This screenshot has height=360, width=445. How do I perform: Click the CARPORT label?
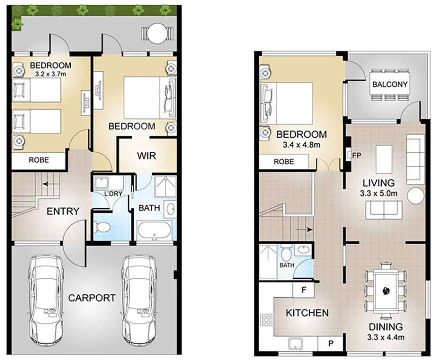click(92, 298)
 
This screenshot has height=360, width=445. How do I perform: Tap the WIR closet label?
click(147, 156)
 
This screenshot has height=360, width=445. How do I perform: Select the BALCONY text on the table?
click(390, 84)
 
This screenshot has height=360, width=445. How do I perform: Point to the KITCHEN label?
click(307, 313)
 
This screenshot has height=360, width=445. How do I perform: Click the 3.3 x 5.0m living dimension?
click(378, 194)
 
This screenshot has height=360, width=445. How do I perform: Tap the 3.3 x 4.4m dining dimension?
click(386, 337)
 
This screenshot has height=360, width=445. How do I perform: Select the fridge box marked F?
click(304, 290)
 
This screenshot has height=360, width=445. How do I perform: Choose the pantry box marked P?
click(331, 344)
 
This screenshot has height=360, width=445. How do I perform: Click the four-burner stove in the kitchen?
click(266, 319)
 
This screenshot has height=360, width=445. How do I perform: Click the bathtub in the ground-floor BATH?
click(155, 230)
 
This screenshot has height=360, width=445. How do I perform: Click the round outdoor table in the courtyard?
click(156, 33)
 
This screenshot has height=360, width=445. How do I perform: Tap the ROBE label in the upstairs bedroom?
click(284, 162)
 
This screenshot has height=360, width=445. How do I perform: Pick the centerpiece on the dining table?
click(386, 290)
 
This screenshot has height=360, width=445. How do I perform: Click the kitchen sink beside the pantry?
click(297, 344)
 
